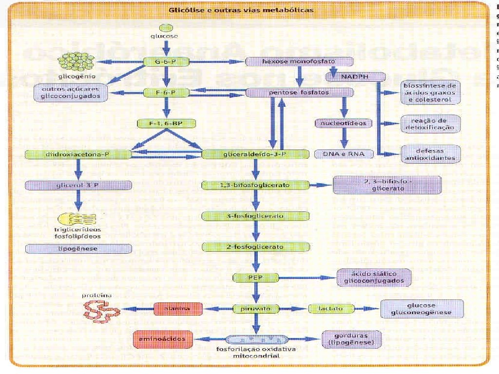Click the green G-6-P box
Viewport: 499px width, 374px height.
[x=167, y=62]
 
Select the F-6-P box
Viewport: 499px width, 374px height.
[x=167, y=92]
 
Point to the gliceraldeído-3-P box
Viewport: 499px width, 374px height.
[x=255, y=154]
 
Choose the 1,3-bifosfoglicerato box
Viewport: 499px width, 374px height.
[x=255, y=185]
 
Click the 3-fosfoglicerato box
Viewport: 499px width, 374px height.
[x=255, y=216]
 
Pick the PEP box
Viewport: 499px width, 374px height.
[x=255, y=278]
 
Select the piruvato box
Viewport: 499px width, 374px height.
[x=255, y=308]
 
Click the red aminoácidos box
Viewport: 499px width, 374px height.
[x=163, y=337]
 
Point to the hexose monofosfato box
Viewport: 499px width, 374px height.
[x=299, y=62]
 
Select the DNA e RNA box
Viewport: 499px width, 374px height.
[x=344, y=154]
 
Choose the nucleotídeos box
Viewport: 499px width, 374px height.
[x=344, y=123]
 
